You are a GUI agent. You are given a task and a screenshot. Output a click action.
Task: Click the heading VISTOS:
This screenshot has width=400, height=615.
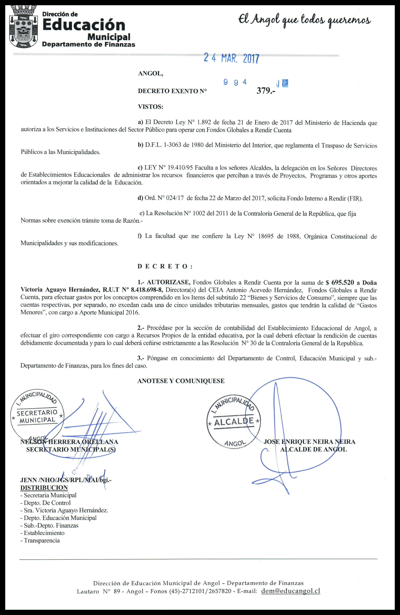(x=151, y=107)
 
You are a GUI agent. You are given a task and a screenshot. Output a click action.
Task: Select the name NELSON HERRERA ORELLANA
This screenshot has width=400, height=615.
(x=69, y=442)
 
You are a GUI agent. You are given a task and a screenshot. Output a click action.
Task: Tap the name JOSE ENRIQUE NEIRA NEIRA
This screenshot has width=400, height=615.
(x=310, y=442)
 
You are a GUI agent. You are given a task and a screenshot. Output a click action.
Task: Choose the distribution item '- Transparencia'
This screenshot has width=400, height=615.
(x=40, y=540)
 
